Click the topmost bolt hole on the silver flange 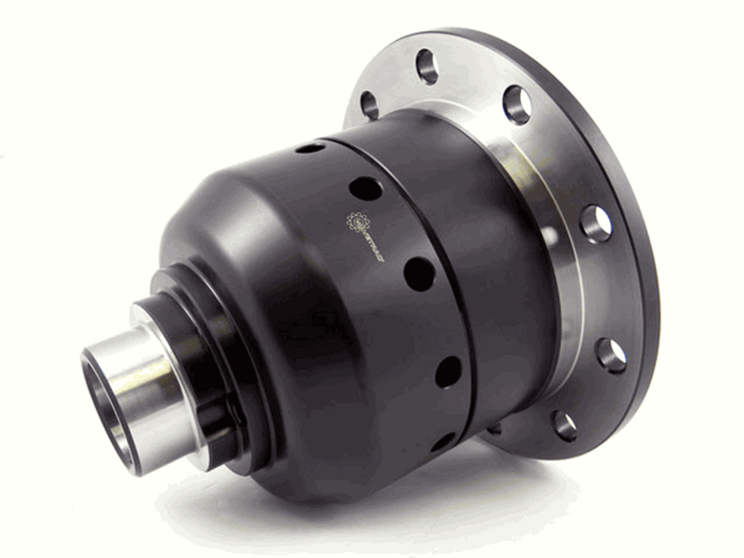[x=427, y=66]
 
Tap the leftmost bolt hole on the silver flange [x=370, y=105]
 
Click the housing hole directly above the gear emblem [x=366, y=189]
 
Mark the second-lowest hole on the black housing [x=448, y=372]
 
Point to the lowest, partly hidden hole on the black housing [x=445, y=442]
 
